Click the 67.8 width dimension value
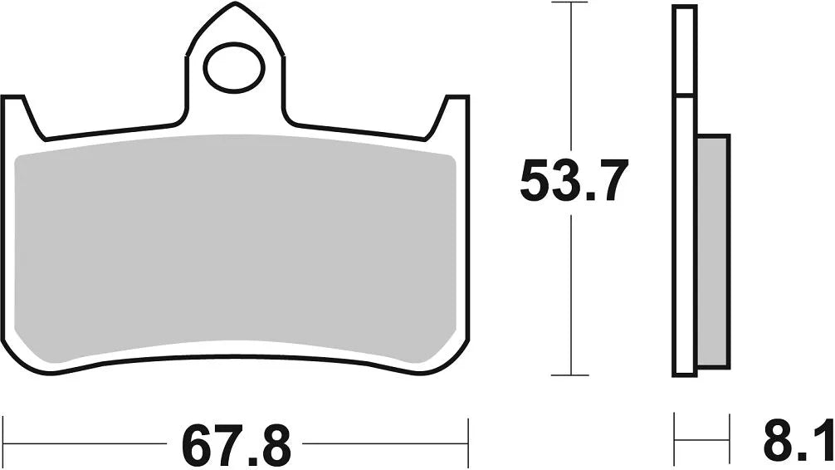coord(237,445)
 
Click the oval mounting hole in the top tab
coord(234,68)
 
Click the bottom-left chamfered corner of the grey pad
coord(25,349)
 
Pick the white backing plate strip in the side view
coord(684,249)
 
